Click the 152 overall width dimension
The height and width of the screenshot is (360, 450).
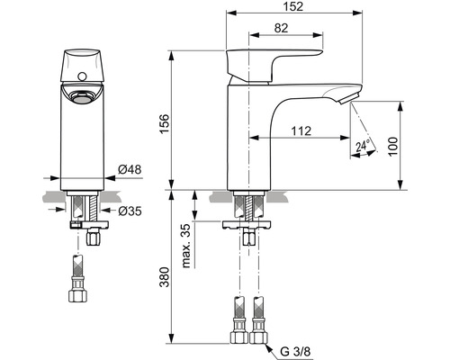tap(292, 6)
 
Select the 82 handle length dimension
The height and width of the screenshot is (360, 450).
tap(281, 28)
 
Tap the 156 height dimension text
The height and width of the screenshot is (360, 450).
tap(164, 124)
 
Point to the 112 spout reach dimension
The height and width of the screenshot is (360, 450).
tap(301, 130)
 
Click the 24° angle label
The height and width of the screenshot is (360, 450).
tap(363, 146)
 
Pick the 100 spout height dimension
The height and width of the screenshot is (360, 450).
tap(392, 146)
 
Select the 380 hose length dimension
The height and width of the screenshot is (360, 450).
tap(164, 276)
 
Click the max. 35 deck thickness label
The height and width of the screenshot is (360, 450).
tap(186, 246)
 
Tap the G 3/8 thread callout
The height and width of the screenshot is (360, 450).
tap(296, 352)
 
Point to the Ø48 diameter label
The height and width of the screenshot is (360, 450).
tap(130, 169)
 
